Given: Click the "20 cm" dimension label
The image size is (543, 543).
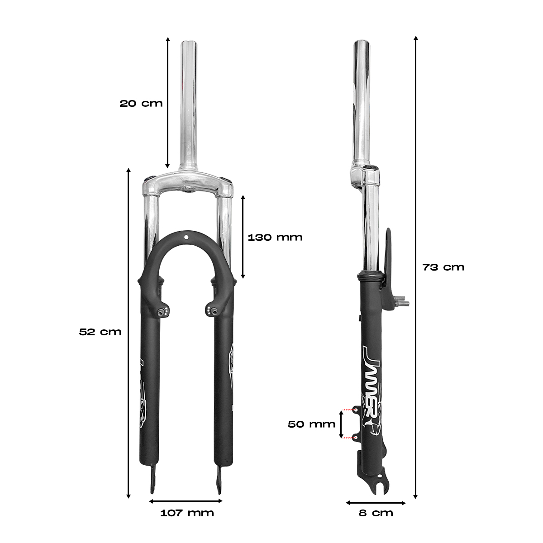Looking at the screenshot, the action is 141,104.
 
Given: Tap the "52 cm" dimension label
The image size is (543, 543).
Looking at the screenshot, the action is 100,332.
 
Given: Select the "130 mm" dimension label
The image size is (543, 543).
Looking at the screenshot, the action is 275,237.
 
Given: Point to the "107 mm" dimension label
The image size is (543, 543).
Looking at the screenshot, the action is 187,520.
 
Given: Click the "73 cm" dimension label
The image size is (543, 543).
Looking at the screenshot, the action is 443,267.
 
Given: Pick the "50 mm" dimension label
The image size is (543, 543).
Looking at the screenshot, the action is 312,424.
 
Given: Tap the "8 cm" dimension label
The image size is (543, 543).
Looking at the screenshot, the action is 376,520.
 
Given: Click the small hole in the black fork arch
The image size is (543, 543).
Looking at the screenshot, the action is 186,237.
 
